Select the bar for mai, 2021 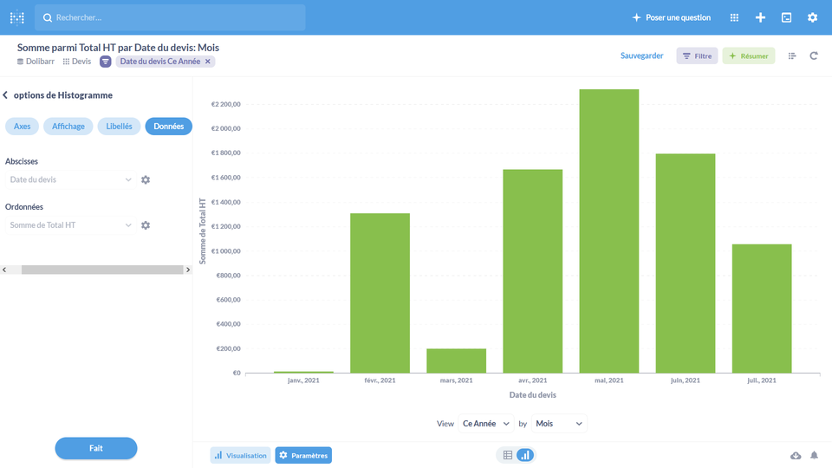[608, 231]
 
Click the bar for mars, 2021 [456, 361]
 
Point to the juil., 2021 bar [762, 309]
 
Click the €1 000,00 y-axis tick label [225, 251]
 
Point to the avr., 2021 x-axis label [532, 380]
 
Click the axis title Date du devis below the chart [532, 395]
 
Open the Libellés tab [119, 127]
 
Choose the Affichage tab [68, 127]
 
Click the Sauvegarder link [641, 56]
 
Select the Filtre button [697, 56]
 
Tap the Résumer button [749, 56]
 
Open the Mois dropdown [559, 424]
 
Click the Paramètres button [303, 455]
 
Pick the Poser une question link [672, 17]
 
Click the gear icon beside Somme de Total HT [146, 225]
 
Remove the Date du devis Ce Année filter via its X [208, 62]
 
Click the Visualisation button [240, 455]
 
